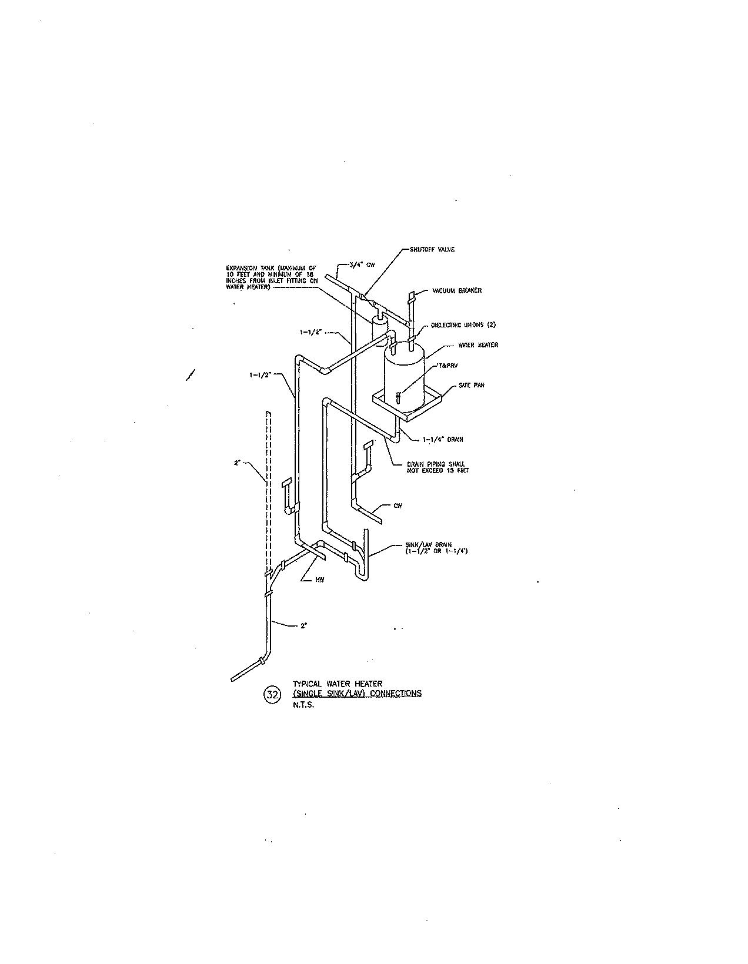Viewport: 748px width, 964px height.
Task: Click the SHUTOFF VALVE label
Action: click(432, 249)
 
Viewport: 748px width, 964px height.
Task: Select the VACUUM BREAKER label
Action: click(456, 290)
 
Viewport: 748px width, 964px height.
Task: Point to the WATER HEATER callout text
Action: click(477, 345)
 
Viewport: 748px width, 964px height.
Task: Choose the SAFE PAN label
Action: click(471, 386)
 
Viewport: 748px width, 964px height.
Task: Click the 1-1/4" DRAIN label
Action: click(442, 439)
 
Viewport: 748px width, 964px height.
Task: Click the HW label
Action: click(319, 580)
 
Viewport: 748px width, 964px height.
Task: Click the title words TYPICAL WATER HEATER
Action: click(338, 684)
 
